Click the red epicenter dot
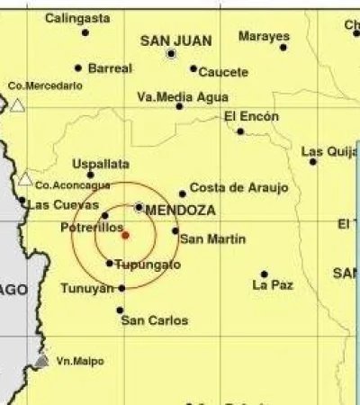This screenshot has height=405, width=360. tap(125, 235)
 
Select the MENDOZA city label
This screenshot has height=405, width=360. tap(180, 210)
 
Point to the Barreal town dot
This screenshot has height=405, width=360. tap(78, 67)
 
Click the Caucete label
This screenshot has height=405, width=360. tap(222, 71)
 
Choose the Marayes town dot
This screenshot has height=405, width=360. tap(283, 47)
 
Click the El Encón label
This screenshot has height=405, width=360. tap(251, 116)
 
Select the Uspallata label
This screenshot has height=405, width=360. tap(99, 165)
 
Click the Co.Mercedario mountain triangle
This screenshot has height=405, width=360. tap(17, 105)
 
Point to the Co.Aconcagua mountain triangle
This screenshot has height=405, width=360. tap(25, 178)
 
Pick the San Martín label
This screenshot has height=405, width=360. tap(212, 238)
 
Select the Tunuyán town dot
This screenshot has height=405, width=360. tap(121, 288)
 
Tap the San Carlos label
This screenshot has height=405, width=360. tap(155, 319)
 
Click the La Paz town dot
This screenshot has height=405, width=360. tap(264, 274)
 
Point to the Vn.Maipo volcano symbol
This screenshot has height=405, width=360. tap(41, 360)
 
